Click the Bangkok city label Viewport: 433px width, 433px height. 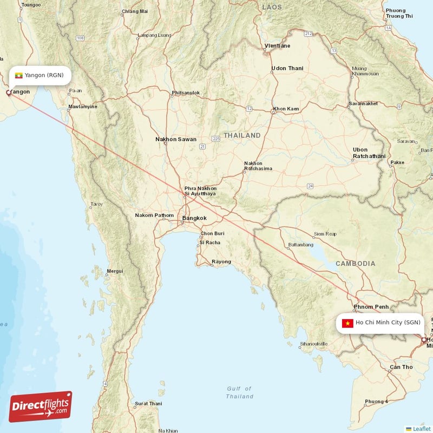click(x=194, y=218)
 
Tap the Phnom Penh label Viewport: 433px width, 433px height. click(x=371, y=307)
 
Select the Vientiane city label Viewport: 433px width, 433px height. click(x=277, y=46)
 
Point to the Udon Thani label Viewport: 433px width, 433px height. click(x=287, y=69)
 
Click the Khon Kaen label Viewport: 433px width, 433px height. click(x=286, y=109)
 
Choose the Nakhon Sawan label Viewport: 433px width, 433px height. click(x=176, y=139)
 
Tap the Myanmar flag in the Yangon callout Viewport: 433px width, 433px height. click(x=19, y=75)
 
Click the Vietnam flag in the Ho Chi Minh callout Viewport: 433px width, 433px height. click(x=347, y=323)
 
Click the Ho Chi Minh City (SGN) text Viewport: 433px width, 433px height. click(x=388, y=323)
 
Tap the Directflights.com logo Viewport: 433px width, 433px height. click(x=41, y=406)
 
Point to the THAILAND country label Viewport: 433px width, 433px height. click(x=242, y=135)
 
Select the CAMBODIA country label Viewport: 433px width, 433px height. click(x=355, y=264)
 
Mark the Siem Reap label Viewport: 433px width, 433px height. click(x=325, y=234)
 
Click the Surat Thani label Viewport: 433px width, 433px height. click(x=148, y=403)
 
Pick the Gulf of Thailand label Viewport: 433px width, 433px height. click(x=239, y=392)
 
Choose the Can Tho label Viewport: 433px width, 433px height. click(x=401, y=367)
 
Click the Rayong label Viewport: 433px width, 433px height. click(x=221, y=261)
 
